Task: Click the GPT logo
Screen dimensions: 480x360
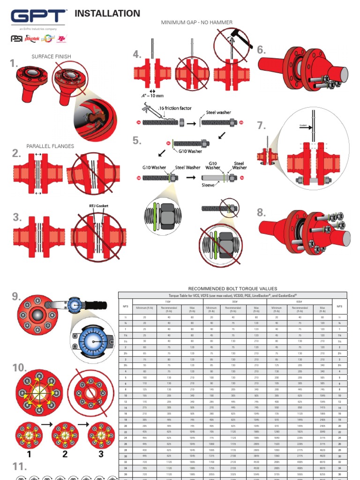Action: click(x=38, y=17)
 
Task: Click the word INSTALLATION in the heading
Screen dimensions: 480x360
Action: click(x=107, y=14)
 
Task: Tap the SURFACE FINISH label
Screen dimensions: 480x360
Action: click(x=51, y=57)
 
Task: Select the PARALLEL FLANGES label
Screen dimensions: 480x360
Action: click(x=50, y=146)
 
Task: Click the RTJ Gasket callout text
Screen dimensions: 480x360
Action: click(x=98, y=206)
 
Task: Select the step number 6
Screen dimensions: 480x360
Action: click(x=261, y=50)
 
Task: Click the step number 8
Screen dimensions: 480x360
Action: click(x=261, y=213)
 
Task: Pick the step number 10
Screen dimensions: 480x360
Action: click(x=20, y=367)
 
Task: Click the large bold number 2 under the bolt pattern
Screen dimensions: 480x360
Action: click(x=65, y=454)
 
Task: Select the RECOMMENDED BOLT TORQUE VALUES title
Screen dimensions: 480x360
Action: click(x=232, y=288)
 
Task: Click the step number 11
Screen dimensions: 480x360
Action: click(x=19, y=466)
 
